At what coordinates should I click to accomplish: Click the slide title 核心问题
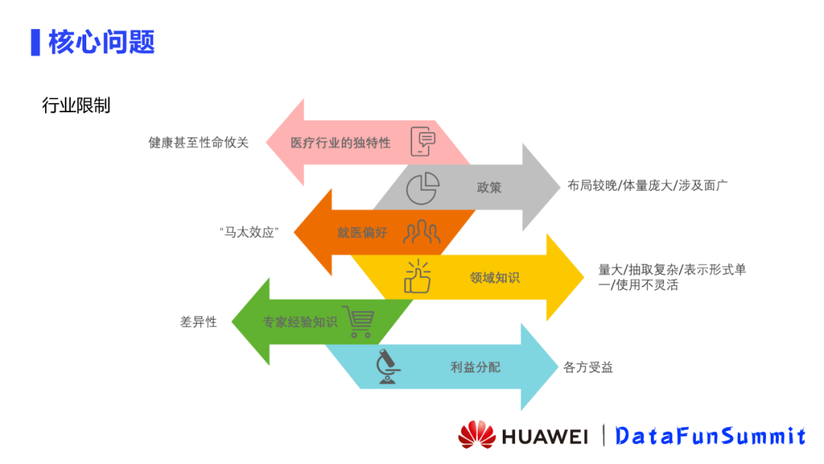pos(101,41)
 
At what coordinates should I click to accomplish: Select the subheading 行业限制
pos(76,105)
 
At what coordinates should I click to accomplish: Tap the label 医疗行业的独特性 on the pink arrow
pos(340,143)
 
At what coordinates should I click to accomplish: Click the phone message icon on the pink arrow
pos(423,141)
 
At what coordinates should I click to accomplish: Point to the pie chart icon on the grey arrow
pos(422,188)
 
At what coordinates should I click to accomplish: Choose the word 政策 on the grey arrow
pos(489,188)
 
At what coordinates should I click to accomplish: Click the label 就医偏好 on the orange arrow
pos(362,233)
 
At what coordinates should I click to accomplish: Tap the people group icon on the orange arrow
pos(422,232)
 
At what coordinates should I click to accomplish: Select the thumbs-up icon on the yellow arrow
pos(417,277)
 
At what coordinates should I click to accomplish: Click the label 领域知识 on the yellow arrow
pos(494,278)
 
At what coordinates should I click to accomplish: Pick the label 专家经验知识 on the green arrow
pos(300,322)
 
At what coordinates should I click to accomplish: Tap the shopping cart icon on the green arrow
pos(358,322)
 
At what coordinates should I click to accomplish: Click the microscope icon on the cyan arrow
pos(388,366)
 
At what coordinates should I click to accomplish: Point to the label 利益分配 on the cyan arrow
pos(475,367)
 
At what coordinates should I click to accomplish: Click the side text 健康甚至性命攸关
pos(198,143)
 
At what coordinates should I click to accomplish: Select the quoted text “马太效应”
pos(247,233)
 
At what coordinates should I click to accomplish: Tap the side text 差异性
pos(198,322)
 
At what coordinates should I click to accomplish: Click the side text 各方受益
pos(588,367)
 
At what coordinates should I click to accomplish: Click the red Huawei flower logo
pos(477,434)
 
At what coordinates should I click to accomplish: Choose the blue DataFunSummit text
pos(710,436)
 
